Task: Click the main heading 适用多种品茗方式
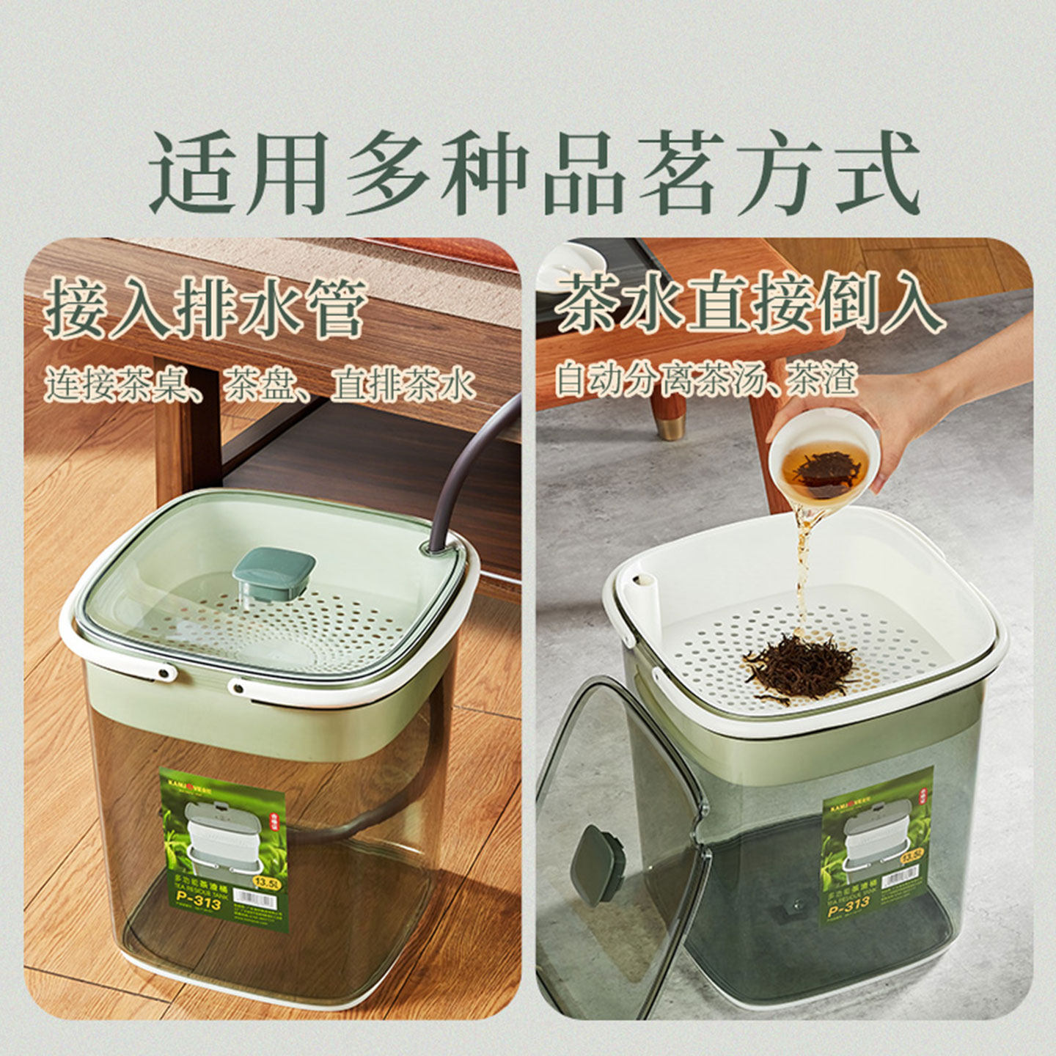coord(534,175)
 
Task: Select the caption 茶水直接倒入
coord(748,302)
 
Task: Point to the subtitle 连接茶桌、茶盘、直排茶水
coord(260,385)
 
